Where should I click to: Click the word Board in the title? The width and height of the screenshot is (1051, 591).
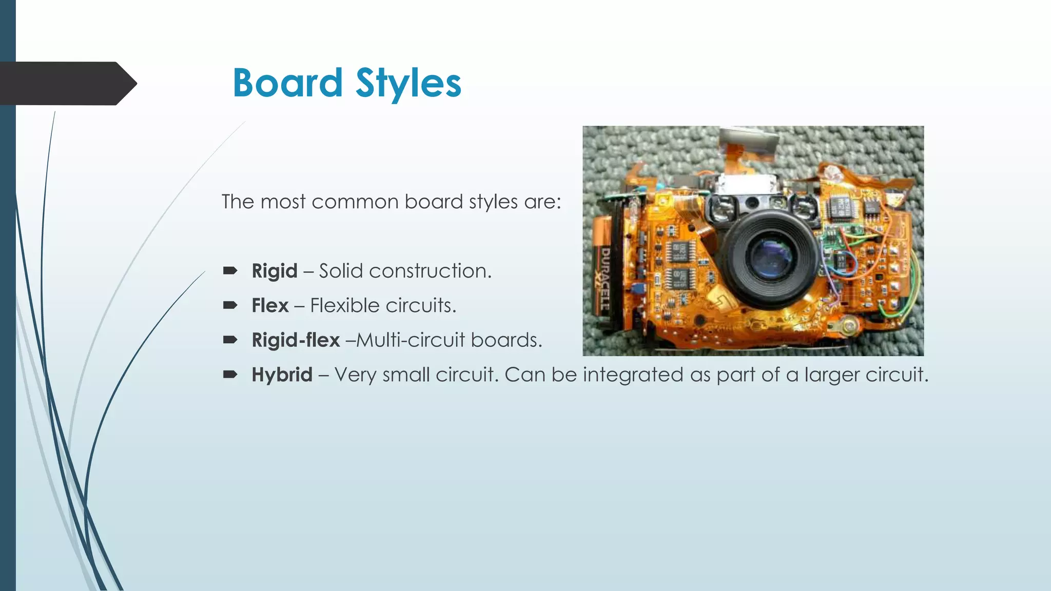[x=287, y=83]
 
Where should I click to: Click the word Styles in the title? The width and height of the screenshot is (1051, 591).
[x=408, y=83]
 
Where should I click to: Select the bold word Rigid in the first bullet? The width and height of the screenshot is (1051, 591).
[x=274, y=271]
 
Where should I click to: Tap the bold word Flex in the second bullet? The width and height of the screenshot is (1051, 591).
[x=270, y=306]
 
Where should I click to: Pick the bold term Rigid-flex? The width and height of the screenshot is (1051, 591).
[x=296, y=340]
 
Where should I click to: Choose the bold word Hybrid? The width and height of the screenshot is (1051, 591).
[x=282, y=375]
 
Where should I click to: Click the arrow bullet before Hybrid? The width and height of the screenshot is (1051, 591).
[x=229, y=375]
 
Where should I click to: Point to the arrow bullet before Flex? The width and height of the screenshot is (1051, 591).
[x=229, y=305]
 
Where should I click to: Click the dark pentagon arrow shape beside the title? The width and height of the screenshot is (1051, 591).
[x=67, y=83]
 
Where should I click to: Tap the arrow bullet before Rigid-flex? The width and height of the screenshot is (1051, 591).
[x=229, y=340]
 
